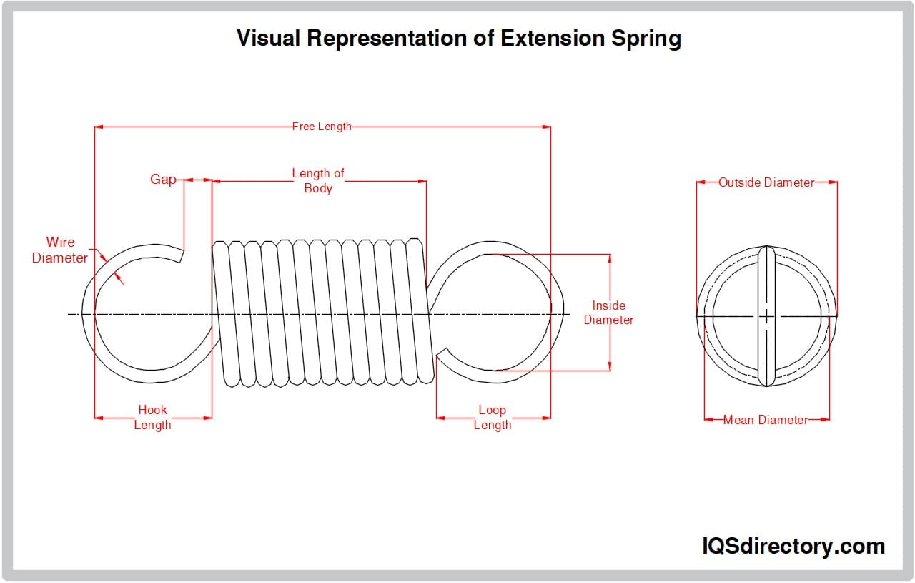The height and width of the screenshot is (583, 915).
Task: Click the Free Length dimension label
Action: (x=322, y=127)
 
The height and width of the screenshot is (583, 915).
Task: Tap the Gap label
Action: (x=162, y=180)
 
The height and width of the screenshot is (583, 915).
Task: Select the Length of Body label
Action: (x=318, y=181)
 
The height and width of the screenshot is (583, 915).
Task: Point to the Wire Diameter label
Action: (x=60, y=250)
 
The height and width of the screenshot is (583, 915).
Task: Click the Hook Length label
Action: (x=152, y=418)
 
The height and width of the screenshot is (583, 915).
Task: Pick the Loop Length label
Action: (x=492, y=418)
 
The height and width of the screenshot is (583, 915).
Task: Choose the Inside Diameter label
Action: (x=609, y=313)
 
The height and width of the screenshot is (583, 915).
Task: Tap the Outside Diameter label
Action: (x=766, y=182)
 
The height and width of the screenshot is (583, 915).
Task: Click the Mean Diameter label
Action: (x=766, y=420)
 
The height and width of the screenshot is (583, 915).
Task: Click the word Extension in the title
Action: (x=551, y=38)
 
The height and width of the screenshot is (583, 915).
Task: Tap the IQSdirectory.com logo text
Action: (x=793, y=547)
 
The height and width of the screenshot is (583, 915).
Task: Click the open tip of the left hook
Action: (x=182, y=255)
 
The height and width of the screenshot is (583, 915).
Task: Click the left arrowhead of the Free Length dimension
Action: (x=99, y=127)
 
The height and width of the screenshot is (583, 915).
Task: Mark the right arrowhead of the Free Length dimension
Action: (x=547, y=127)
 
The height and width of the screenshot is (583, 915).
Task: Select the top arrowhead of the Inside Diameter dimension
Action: (x=610, y=258)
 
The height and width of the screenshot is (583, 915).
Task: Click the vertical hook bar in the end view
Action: (x=766, y=315)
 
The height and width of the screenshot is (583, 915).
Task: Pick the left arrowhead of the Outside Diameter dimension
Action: (x=701, y=182)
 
